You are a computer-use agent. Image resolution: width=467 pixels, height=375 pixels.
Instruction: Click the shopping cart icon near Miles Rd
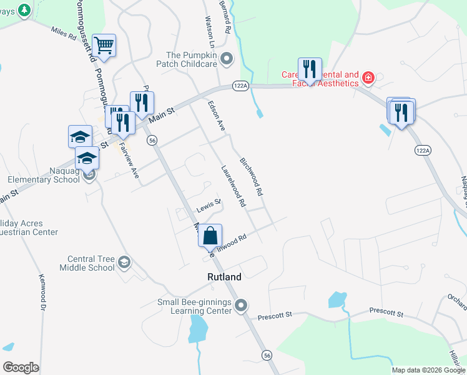click(x=104, y=46)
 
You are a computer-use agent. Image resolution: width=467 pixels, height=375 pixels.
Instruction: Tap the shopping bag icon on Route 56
click(x=210, y=236)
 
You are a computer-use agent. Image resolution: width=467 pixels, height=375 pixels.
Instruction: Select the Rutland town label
click(x=224, y=277)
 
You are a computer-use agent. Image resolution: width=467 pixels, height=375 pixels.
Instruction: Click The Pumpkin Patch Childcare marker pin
click(x=226, y=59)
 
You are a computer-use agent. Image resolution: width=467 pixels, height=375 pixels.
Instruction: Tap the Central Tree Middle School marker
click(x=124, y=262)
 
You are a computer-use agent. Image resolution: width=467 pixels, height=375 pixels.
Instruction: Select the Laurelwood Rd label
click(x=233, y=186)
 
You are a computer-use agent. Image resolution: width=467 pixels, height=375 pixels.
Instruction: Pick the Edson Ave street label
click(x=216, y=116)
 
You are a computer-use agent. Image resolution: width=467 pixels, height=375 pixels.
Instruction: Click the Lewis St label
click(x=209, y=204)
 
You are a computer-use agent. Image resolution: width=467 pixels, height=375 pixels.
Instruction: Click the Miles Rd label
click(x=62, y=31)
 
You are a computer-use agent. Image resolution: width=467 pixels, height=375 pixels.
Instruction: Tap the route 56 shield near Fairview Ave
click(x=152, y=141)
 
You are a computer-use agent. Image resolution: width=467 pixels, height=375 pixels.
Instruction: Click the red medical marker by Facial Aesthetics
click(x=368, y=78)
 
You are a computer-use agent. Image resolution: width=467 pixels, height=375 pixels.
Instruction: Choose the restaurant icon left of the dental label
click(x=310, y=69)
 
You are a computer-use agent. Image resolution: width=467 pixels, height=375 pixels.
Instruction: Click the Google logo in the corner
click(x=21, y=367)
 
